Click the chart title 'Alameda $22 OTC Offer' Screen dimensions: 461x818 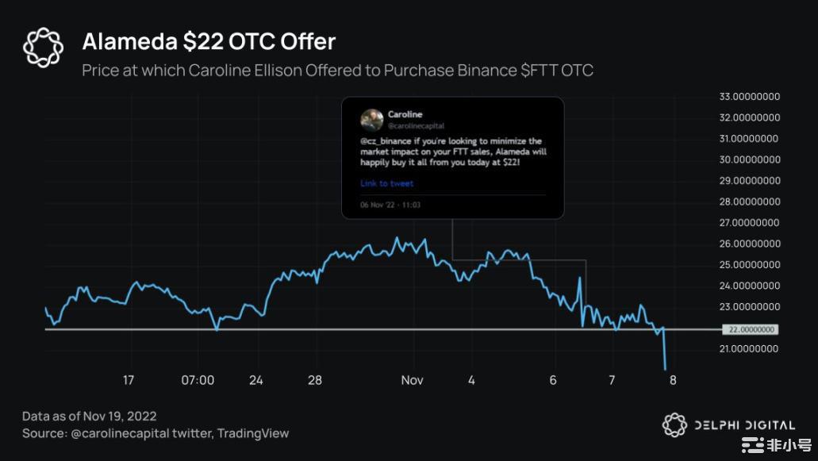click(209, 41)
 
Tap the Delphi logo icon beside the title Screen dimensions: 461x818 click(43, 47)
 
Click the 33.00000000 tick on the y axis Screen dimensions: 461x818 click(749, 97)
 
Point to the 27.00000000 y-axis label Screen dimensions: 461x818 click(749, 223)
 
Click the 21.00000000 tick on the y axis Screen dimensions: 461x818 click(749, 349)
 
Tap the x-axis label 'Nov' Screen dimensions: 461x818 click(412, 381)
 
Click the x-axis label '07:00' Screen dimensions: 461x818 click(198, 381)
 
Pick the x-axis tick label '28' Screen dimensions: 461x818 click(315, 381)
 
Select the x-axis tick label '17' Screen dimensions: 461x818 click(129, 381)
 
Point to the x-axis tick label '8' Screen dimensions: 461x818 click(673, 381)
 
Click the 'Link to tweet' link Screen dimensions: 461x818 click(386, 183)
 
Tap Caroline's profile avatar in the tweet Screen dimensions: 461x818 click(371, 120)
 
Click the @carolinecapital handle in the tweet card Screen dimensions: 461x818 click(416, 126)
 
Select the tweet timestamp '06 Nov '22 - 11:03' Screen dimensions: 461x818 click(390, 205)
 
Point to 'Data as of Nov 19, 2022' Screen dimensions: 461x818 click(90, 416)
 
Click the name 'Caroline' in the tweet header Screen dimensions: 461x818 click(405, 115)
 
